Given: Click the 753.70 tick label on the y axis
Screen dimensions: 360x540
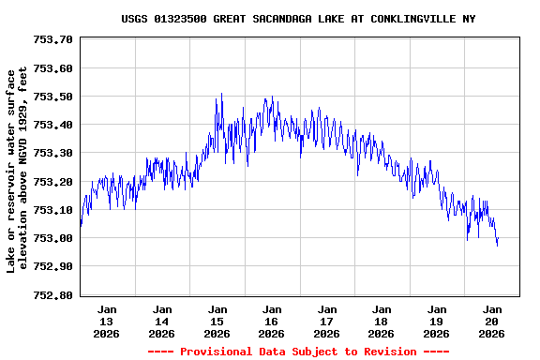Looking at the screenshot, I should tap(53, 40).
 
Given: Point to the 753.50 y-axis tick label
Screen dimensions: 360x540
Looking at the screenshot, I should tap(53, 97).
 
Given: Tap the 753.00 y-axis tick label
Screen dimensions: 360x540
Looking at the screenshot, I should tap(53, 238).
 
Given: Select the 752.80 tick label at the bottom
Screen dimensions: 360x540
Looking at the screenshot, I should tap(53, 294).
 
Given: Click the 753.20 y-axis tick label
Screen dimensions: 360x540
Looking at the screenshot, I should tap(53, 182).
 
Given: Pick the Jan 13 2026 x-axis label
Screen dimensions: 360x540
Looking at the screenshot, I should tap(107, 321).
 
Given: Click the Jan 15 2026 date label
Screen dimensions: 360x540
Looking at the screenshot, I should tap(217, 321).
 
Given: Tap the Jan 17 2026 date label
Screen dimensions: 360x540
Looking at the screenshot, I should tap(326, 321).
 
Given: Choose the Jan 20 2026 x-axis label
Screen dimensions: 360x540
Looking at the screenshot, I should tap(491, 321).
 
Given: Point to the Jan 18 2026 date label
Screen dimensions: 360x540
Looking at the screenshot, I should tap(382, 321).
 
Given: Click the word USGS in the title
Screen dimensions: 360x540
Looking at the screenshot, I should tap(135, 19).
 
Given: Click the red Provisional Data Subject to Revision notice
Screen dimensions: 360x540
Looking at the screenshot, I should tap(297, 352).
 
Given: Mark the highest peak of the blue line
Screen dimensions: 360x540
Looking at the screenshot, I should tap(221, 94).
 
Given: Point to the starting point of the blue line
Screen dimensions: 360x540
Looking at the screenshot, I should tap(81, 226).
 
